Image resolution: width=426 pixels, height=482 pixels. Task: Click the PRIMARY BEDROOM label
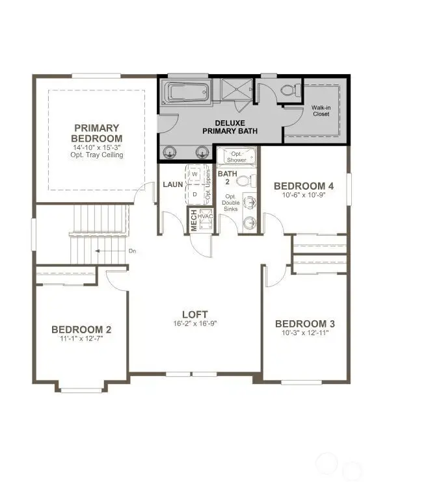(96, 133)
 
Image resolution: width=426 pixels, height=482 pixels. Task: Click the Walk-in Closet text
(321, 110)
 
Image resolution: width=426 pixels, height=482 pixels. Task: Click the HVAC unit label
(206, 216)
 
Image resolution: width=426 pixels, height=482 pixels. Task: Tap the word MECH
(193, 222)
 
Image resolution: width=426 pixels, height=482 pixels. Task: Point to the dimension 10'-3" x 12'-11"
(305, 333)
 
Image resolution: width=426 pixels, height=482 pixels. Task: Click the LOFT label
(194, 313)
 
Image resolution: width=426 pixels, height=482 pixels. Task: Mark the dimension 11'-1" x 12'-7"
(81, 338)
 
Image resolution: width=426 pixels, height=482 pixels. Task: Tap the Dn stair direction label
(132, 251)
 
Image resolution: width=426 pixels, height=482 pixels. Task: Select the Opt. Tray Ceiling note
(97, 155)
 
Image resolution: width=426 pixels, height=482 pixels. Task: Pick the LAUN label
(173, 184)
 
